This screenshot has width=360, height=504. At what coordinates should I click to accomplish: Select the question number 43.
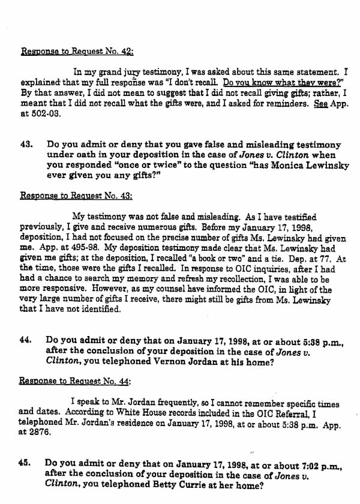click(26, 145)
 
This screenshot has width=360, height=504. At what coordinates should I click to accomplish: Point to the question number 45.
click(26, 463)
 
